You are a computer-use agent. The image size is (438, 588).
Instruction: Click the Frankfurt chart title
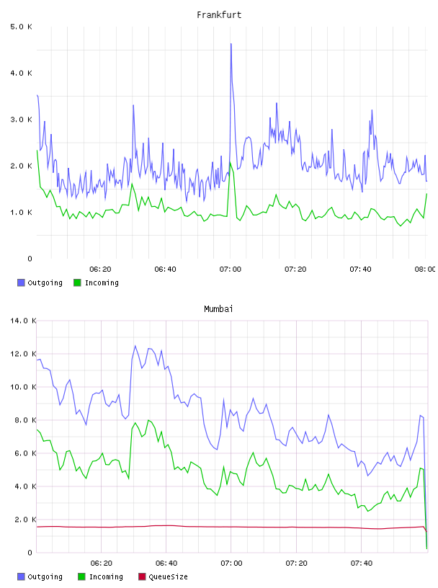tap(219, 15)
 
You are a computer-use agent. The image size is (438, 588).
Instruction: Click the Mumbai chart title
tap(218, 309)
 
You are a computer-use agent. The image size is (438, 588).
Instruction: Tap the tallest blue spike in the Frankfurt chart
tap(231, 44)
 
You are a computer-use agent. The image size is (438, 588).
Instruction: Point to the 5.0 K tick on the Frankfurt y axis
tap(22, 27)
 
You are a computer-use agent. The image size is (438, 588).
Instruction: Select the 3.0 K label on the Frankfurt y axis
tap(22, 120)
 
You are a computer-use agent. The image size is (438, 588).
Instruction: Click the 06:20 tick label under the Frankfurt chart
tap(100, 269)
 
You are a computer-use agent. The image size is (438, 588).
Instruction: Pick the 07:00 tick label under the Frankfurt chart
tap(231, 269)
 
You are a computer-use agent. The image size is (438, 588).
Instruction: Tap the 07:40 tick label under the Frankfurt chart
tap(360, 269)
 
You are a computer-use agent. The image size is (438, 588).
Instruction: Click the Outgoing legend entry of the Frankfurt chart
tap(40, 282)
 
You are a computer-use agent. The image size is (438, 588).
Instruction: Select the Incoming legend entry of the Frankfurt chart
tap(97, 282)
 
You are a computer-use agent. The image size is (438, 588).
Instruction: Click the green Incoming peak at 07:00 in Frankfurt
tap(231, 162)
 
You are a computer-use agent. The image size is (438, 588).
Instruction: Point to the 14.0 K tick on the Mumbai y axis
tap(23, 321)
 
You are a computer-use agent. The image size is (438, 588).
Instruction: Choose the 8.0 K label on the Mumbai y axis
tap(23, 420)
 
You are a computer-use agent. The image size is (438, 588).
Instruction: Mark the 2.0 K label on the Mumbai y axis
tap(23, 520)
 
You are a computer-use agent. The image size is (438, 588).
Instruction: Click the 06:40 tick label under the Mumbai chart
tap(166, 563)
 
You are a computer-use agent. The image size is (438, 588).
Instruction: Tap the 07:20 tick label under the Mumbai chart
tap(296, 563)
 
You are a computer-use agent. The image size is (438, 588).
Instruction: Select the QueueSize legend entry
tap(163, 576)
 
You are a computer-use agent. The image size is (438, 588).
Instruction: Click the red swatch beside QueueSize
tap(142, 576)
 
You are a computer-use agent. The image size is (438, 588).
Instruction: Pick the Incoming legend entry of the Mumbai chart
tap(101, 576)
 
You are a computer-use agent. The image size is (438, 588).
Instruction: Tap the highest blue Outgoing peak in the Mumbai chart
tap(135, 346)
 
